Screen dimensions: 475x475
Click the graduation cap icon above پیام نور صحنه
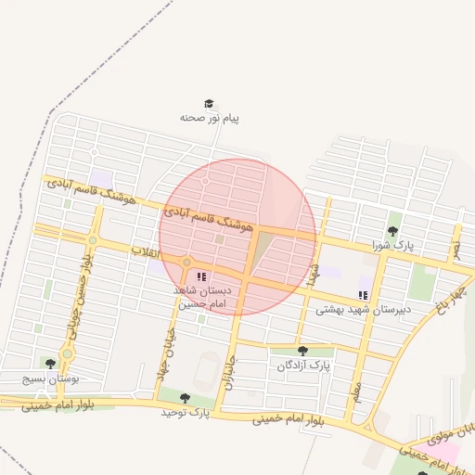tap(209, 104)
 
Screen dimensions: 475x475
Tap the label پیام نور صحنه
tap(210, 119)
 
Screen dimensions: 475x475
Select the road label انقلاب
tap(146, 252)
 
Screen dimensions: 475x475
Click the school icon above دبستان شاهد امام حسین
tap(201, 276)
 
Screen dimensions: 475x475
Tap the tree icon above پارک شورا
tap(392, 231)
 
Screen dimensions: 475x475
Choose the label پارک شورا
tap(392, 245)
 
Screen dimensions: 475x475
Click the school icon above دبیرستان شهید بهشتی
tap(363, 295)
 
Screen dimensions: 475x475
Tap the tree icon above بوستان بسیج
tap(50, 363)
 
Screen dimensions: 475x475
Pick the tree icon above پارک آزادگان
tap(302, 351)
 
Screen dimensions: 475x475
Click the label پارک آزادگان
tap(302, 366)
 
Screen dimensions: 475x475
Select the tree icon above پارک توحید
tap(185, 397)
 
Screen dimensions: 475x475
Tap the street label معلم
tap(355, 392)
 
